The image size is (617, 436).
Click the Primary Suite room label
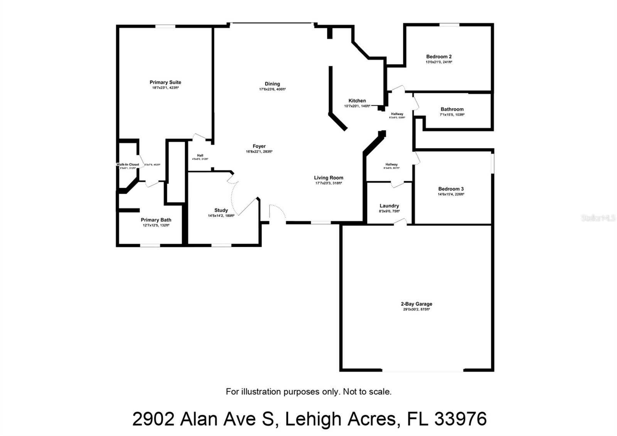tap(165, 82)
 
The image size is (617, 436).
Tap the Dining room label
tap(272, 84)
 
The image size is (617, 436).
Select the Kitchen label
tap(357, 101)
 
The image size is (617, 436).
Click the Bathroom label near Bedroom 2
tap(452, 109)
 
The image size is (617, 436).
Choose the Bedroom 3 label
tap(451, 189)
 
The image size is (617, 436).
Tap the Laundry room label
tap(389, 206)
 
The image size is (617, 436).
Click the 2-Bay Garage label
tap(416, 304)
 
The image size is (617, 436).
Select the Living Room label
tap(329, 178)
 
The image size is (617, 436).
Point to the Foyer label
tap(259, 146)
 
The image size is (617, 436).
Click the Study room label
tap(221, 210)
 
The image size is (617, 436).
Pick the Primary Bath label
tap(156, 220)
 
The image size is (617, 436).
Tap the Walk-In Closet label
tap(128, 165)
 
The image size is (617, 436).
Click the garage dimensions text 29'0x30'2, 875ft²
tap(416, 309)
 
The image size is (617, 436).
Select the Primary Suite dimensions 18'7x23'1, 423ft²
tap(165, 88)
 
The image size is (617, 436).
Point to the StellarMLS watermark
tap(598, 218)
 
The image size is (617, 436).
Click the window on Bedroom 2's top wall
tap(449, 25)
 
